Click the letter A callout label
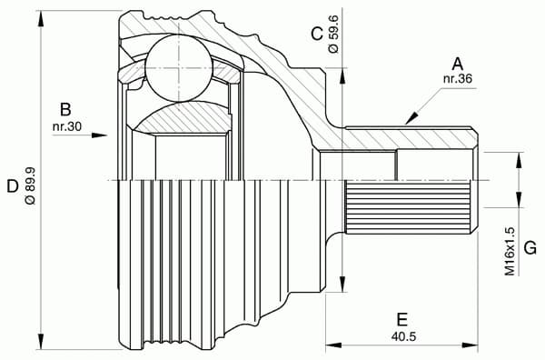tap(457, 63)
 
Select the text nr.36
tap(457, 79)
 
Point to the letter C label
tap(316, 34)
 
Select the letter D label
tap(12, 186)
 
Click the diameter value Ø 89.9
tap(30, 186)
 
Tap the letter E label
tap(401, 319)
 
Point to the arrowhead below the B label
tap(102, 135)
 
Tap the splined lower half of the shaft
tap(409, 205)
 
